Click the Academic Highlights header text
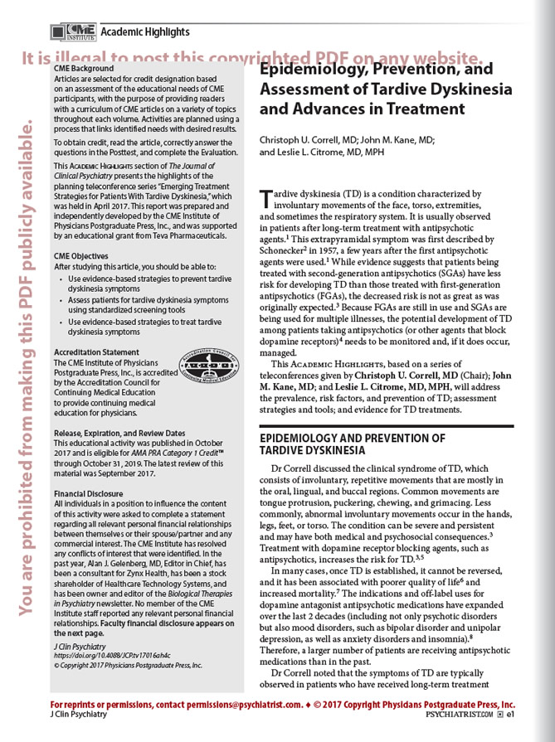(145, 32)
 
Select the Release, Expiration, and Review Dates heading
(124, 433)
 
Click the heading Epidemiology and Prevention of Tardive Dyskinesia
(353, 444)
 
